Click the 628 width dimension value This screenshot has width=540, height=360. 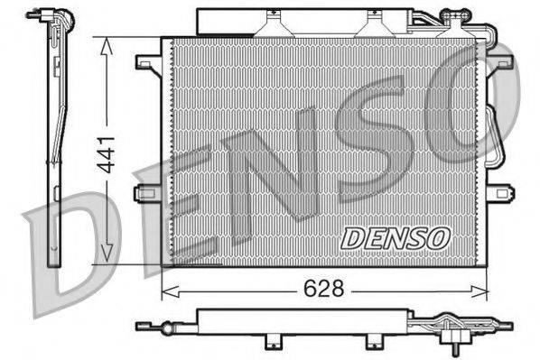322,289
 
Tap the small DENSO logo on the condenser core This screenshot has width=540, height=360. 396,237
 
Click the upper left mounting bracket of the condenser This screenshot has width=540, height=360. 147,62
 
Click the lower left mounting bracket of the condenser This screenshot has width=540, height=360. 147,192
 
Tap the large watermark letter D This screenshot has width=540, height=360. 68,253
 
